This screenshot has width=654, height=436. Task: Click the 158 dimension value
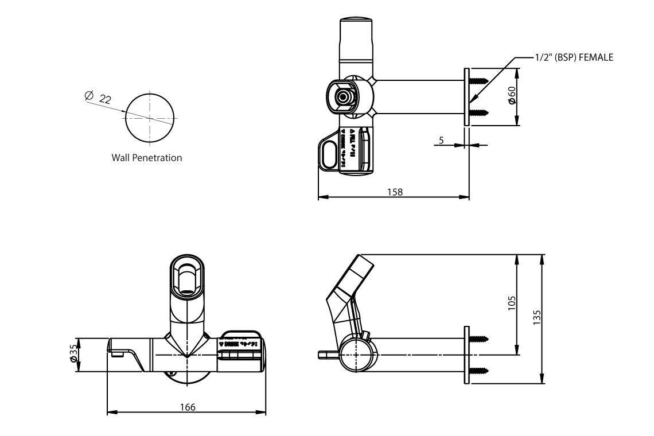pos(395,192)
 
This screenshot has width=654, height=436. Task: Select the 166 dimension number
pos(187,407)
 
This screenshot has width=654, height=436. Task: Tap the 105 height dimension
pos(512,302)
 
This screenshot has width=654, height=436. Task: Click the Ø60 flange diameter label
pos(512,96)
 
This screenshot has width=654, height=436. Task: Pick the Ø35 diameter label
pos(73,355)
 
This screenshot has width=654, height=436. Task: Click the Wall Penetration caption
pos(147,158)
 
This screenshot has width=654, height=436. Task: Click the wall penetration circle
pos(150,118)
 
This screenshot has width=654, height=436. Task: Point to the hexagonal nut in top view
pos(342,96)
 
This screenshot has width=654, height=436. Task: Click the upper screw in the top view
pos(478,81)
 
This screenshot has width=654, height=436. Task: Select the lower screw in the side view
pos(478,369)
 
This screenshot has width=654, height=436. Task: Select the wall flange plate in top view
pos(466,96)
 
